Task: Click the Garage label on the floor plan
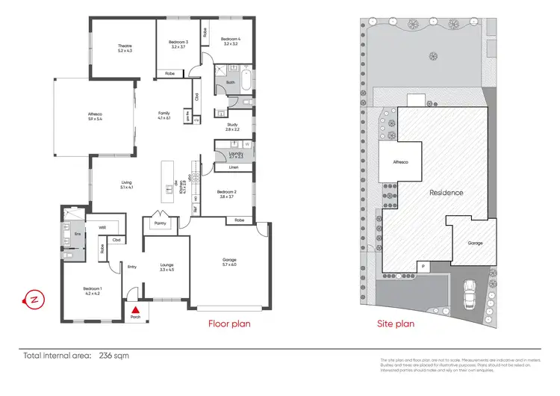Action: click(x=229, y=261)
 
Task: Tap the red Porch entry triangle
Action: click(x=136, y=309)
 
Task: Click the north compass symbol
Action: click(x=34, y=300)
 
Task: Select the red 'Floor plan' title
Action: click(x=228, y=324)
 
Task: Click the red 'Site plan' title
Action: click(x=395, y=324)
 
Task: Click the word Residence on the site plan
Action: click(x=446, y=193)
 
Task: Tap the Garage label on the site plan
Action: click(x=474, y=244)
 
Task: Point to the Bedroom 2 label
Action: click(x=226, y=194)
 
